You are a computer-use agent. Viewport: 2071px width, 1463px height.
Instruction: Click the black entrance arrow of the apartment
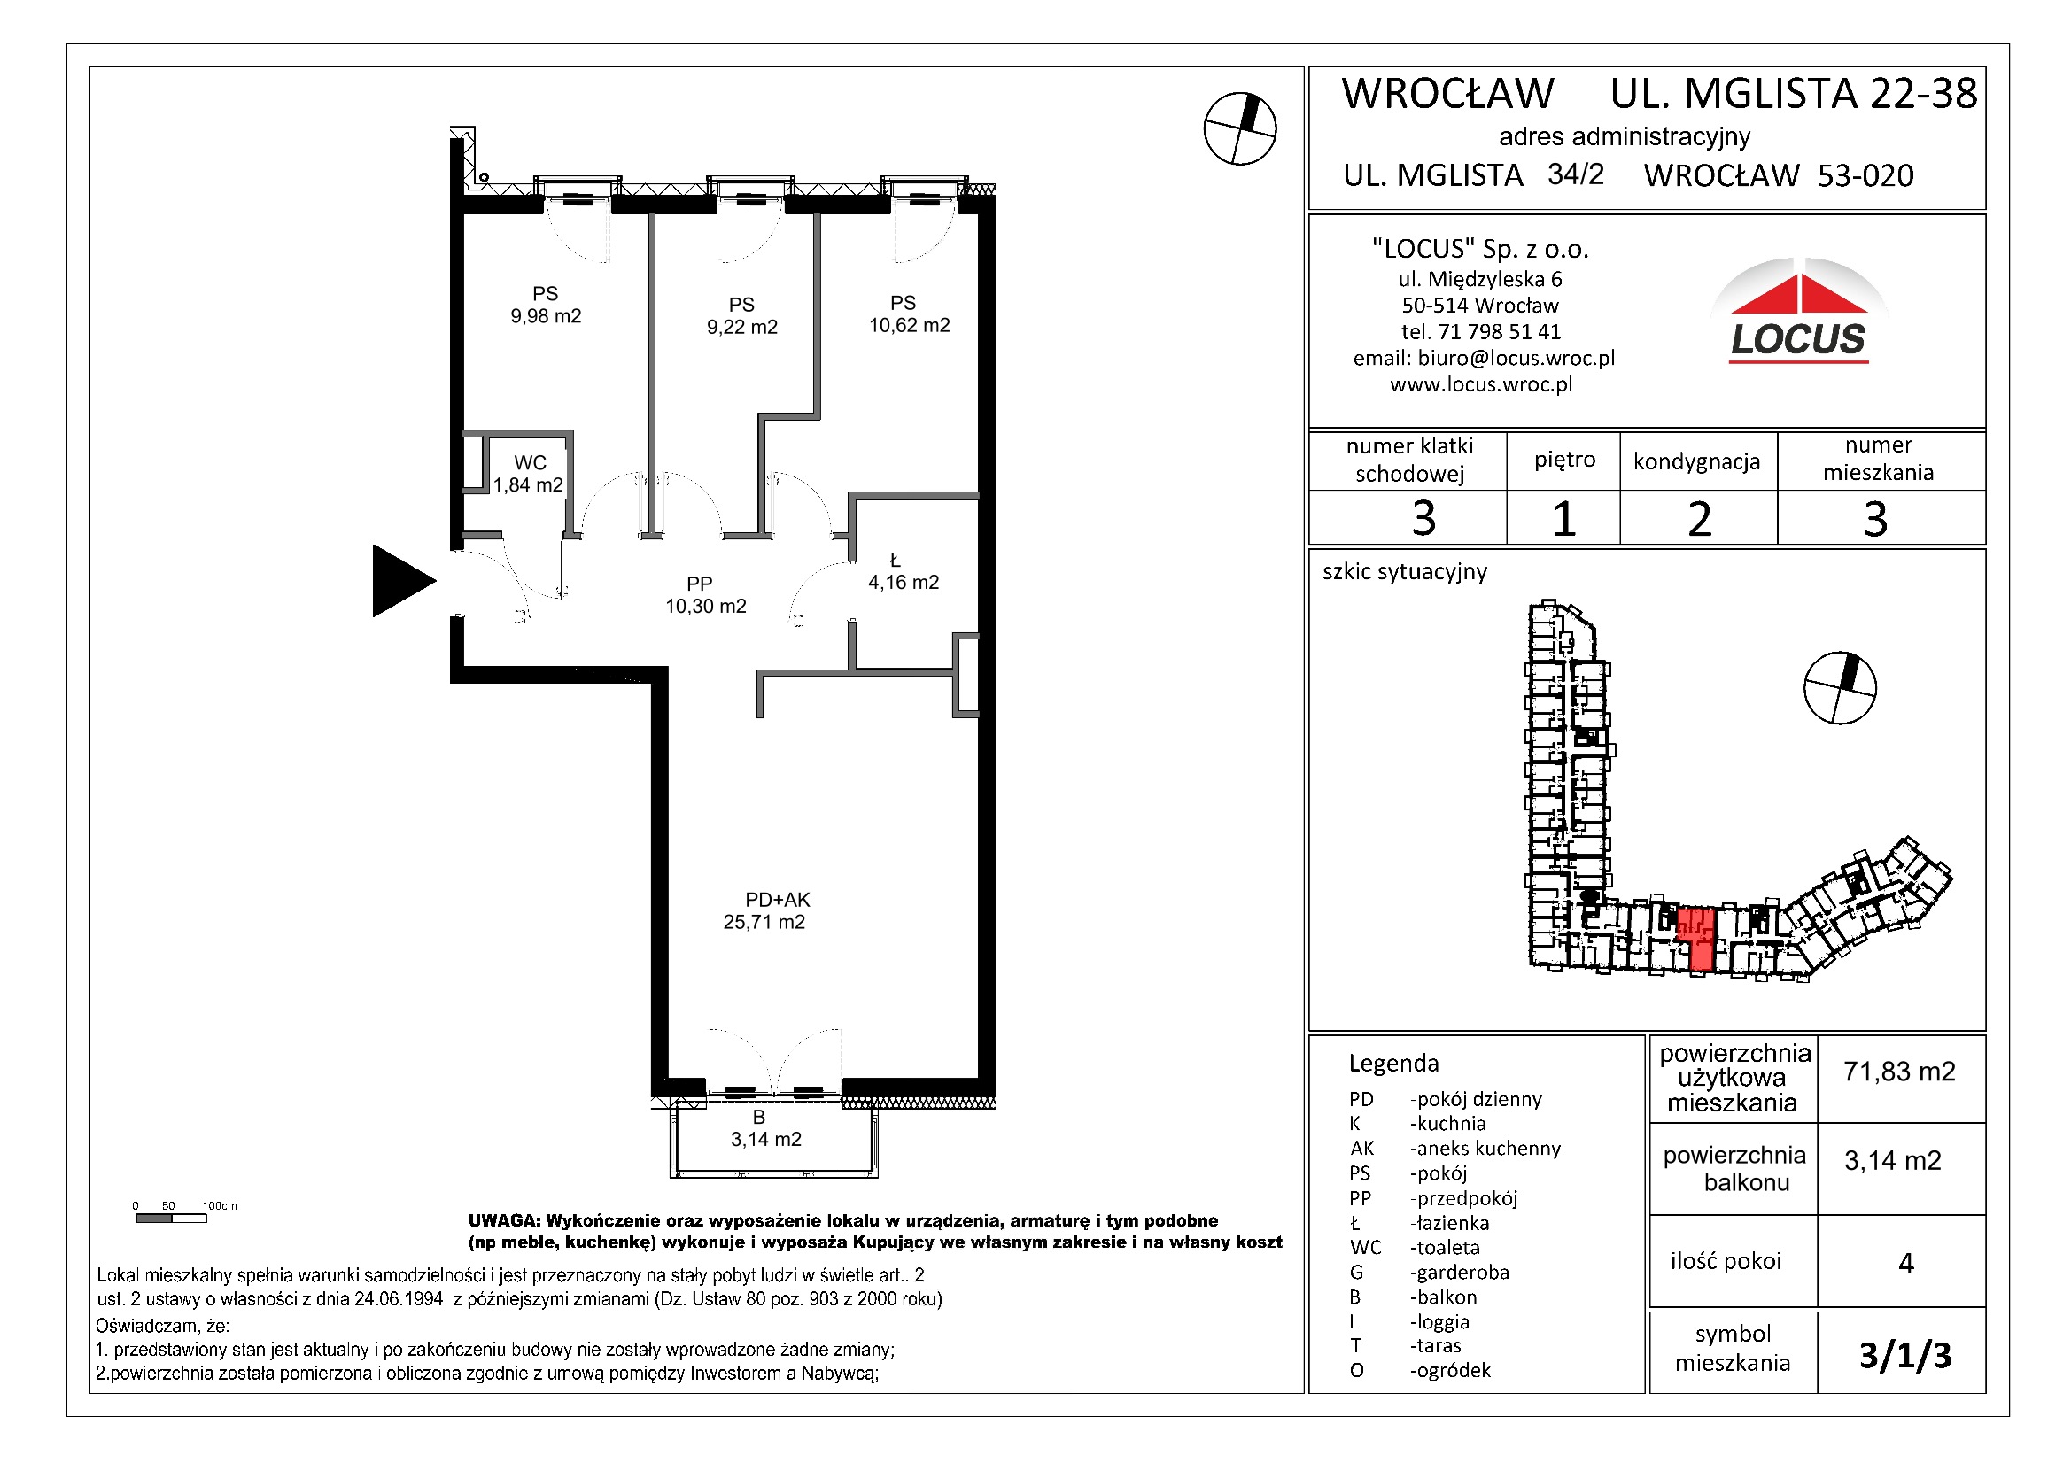tap(399, 581)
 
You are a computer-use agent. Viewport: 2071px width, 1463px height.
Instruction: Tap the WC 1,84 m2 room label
tap(529, 475)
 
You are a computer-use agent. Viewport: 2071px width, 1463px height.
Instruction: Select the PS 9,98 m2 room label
tap(546, 305)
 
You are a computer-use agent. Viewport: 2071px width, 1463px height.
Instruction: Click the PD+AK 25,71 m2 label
tap(765, 911)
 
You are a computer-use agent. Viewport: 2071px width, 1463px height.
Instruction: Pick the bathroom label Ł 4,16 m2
tap(903, 573)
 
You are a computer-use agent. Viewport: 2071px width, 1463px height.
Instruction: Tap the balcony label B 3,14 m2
tap(765, 1128)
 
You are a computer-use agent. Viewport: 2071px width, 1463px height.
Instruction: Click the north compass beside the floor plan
tap(1239, 129)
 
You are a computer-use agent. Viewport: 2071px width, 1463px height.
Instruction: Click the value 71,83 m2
tap(1899, 1072)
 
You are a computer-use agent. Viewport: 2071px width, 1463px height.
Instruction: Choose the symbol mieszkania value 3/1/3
tap(1905, 1355)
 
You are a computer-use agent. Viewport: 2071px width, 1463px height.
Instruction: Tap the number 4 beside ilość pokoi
tap(1905, 1263)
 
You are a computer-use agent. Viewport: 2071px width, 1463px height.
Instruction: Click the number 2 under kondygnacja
tap(1698, 520)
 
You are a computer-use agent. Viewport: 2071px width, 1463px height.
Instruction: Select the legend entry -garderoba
tap(1459, 1273)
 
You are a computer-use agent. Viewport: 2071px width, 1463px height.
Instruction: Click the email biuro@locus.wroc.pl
tap(1516, 358)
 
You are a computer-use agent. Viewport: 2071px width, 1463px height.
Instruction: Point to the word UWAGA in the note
tap(503, 1220)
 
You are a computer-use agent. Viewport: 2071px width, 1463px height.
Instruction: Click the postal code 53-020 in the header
tap(1865, 176)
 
